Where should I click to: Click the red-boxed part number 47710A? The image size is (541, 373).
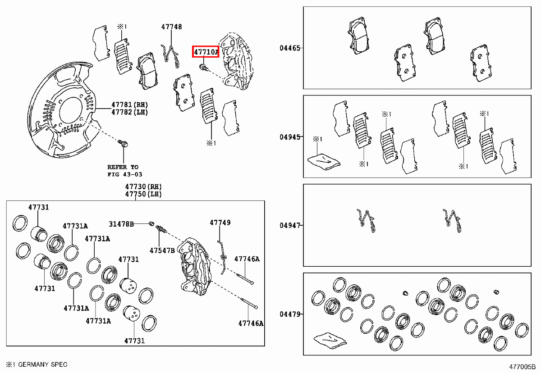click(206, 52)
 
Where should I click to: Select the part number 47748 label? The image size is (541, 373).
click(172, 27)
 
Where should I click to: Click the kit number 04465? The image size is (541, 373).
click(289, 48)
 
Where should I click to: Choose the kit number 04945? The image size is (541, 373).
click(289, 136)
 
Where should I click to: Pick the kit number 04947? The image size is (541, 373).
click(289, 225)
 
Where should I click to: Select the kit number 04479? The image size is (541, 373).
click(289, 314)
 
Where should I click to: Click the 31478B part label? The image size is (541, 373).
click(121, 224)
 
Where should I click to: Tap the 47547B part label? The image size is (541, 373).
click(162, 250)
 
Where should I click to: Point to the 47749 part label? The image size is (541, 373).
click(220, 223)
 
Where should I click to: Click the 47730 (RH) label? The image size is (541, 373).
click(143, 186)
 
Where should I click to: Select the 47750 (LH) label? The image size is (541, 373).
click(143, 194)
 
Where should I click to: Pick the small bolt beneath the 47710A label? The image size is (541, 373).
click(203, 68)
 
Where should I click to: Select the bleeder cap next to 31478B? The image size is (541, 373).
click(152, 224)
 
